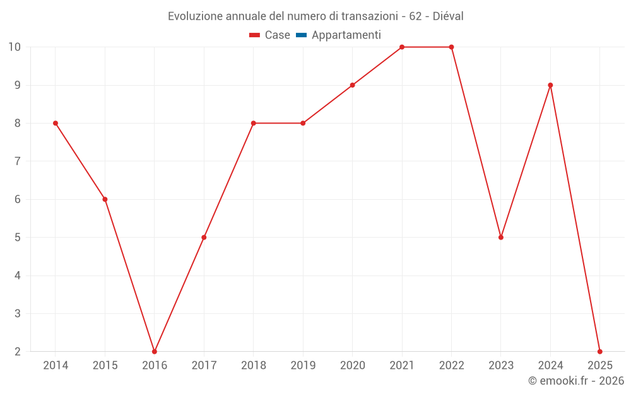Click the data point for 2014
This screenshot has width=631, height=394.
[x=56, y=123]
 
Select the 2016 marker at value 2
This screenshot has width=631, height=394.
[x=155, y=351]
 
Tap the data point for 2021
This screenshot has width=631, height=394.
[x=402, y=47]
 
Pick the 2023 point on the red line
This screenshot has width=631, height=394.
[x=501, y=237]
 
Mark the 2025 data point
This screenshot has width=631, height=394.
[x=599, y=351]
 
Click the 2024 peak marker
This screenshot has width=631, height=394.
[x=550, y=85]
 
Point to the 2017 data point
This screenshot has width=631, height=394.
[x=204, y=237]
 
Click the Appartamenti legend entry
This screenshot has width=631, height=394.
[x=346, y=35]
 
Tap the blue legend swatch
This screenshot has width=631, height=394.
[x=301, y=35]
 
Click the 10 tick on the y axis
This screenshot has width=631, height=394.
[x=15, y=47]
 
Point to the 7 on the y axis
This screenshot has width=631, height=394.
[x=18, y=161]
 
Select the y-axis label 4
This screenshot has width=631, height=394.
[x=18, y=275]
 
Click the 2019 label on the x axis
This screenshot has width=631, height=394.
[x=303, y=365]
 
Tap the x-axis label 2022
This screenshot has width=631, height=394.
[x=451, y=365]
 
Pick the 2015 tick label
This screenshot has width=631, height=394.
[x=105, y=365]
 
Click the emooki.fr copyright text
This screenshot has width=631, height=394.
[x=576, y=381]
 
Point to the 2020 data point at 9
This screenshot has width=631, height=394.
[x=352, y=85]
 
